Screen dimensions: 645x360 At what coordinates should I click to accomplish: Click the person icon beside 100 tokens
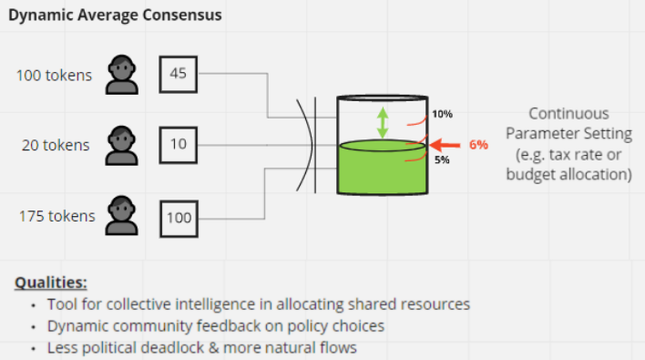click(122, 75)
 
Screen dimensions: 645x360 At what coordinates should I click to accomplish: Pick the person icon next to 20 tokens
click(122, 146)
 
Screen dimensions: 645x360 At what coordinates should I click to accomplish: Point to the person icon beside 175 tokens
click(122, 216)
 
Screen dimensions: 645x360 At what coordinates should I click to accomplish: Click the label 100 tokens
click(54, 76)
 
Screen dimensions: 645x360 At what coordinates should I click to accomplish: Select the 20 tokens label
click(56, 145)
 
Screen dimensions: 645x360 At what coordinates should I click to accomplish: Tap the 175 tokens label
click(56, 216)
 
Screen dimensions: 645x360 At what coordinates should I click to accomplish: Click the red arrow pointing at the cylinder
click(445, 145)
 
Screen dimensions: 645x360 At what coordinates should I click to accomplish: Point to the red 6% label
click(478, 145)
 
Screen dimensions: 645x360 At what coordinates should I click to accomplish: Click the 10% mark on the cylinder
click(442, 114)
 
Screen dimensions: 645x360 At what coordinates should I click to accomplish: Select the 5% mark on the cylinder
click(442, 159)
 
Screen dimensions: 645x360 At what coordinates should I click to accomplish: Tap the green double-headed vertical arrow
click(383, 123)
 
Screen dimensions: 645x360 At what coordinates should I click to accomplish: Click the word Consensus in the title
click(182, 15)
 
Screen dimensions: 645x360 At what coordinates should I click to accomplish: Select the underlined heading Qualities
click(51, 283)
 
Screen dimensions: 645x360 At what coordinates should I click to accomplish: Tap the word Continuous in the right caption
click(568, 114)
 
